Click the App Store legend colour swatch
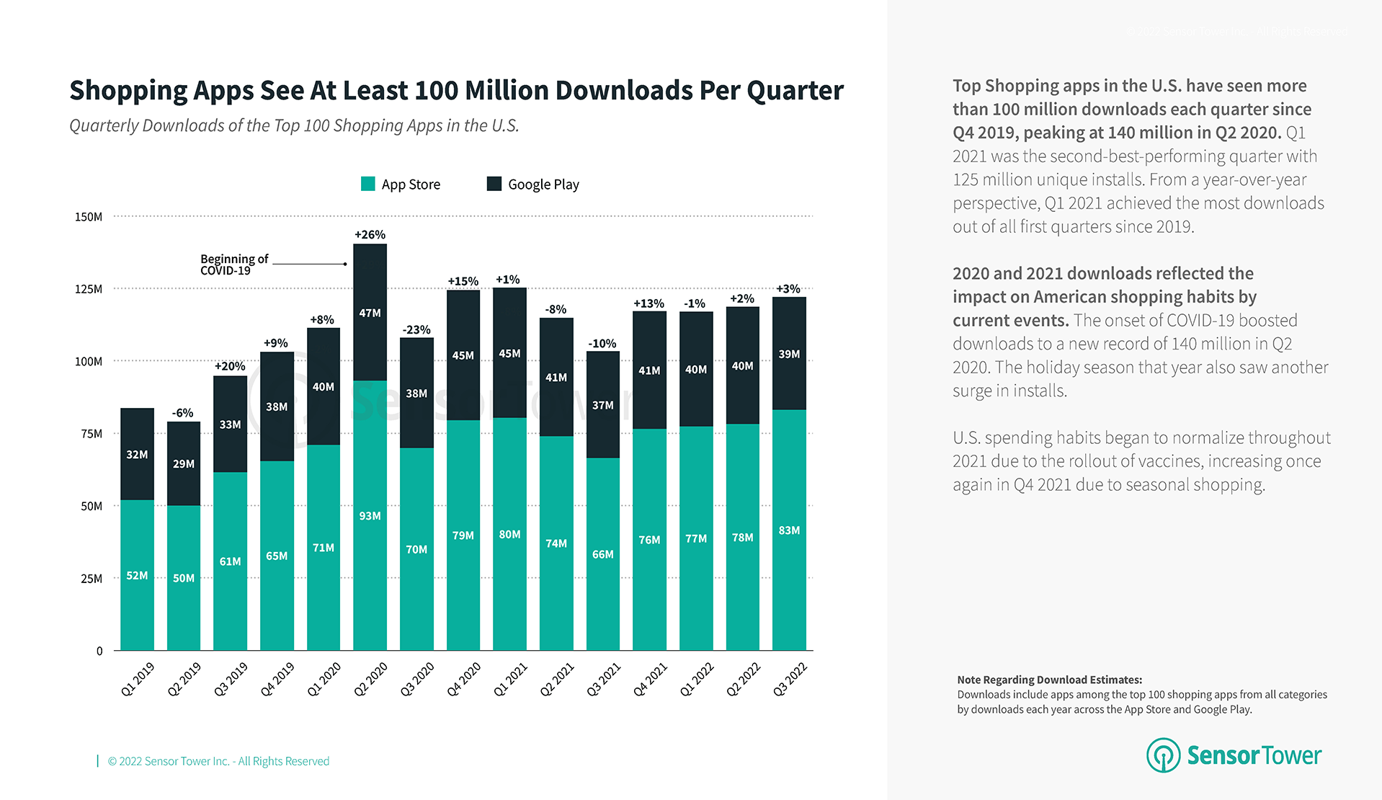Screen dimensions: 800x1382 pos(367,184)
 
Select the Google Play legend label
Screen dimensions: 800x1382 pos(543,185)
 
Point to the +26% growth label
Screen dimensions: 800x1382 pos(370,235)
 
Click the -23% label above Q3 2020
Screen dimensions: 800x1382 pos(416,330)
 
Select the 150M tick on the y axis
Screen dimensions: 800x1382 pos(89,217)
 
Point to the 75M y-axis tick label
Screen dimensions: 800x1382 pos(91,434)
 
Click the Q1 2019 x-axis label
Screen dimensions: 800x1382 pos(138,679)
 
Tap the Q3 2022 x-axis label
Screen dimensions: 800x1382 pos(790,679)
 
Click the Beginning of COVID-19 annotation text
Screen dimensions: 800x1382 pos(233,265)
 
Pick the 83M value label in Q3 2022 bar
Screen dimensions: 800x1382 pos(789,530)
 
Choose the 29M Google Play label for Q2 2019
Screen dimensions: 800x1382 pos(184,464)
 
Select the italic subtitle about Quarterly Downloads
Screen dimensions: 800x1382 pos(294,125)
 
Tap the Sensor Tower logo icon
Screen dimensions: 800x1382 pos(1163,755)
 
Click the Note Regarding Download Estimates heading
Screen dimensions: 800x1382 pos(1049,680)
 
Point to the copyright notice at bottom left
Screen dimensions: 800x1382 pos(218,761)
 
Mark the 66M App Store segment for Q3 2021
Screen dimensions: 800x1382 pos(603,554)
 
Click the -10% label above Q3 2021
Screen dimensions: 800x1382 pos(602,344)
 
